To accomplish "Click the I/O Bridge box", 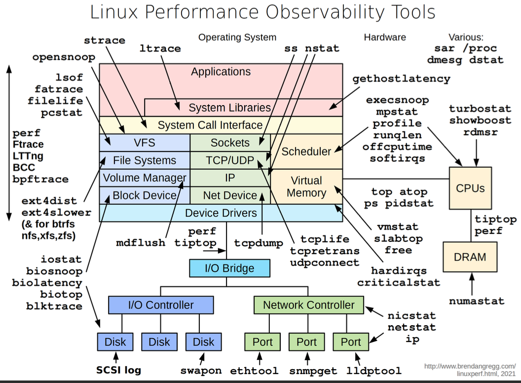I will click(230, 268).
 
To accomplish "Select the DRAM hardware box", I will click(470, 257).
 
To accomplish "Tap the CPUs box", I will click(470, 188).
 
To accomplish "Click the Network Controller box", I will click(308, 305).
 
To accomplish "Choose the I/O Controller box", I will click(161, 305).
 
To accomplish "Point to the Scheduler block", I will click(306, 152).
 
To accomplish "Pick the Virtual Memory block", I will click(306, 187).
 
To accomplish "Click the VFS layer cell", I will click(145, 143).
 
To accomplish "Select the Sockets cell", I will click(230, 143).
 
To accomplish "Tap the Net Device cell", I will click(230, 195).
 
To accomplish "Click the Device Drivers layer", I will click(221, 213).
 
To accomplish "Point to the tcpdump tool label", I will click(259, 243).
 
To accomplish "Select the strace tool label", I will click(105, 40).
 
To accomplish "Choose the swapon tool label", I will click(200, 371).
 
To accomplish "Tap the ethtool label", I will click(255, 371).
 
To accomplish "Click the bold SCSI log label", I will click(118, 370).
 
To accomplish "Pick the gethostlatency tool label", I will click(401, 78).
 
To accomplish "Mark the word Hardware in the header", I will click(385, 38).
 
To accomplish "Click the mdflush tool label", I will click(141, 243).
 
